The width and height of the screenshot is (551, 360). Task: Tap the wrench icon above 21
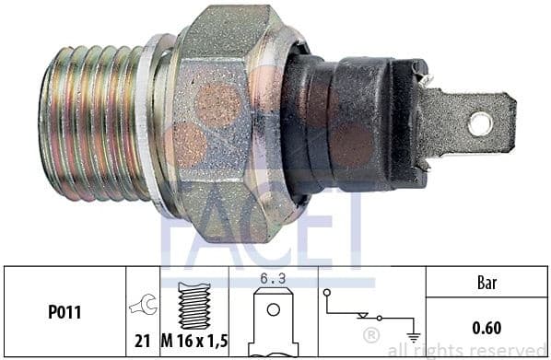[143, 304]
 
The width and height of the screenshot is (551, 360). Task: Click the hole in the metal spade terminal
[480, 123]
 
